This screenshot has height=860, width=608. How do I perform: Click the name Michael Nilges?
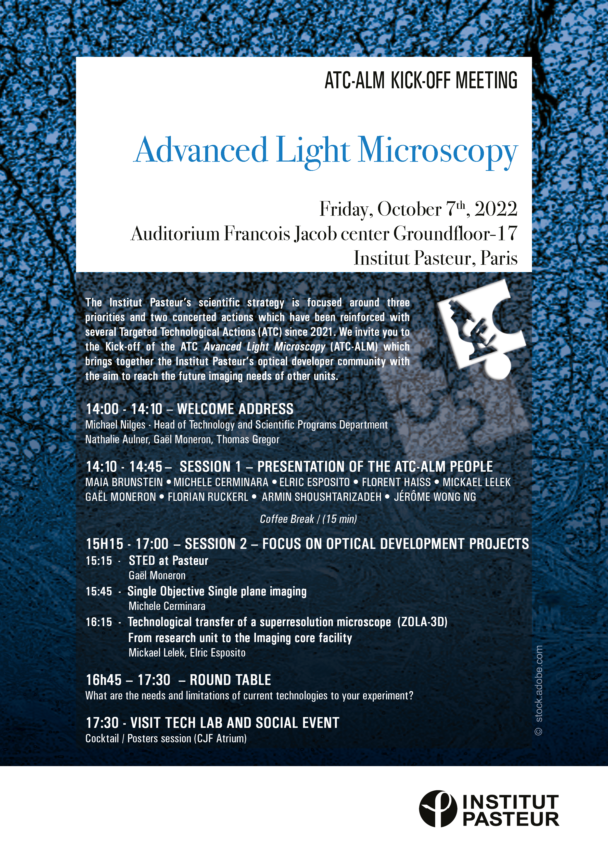coord(115,425)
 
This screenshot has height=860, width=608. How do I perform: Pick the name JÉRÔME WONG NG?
coord(435,497)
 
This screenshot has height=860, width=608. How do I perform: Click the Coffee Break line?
coord(308,519)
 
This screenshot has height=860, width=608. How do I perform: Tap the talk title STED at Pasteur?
coord(168,561)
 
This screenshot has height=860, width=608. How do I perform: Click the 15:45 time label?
coord(99,592)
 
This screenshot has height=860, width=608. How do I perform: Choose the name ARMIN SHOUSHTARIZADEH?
coord(321,497)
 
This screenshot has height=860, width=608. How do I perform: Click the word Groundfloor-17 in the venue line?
coord(455,234)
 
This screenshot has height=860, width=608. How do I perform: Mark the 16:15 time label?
coord(99,622)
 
